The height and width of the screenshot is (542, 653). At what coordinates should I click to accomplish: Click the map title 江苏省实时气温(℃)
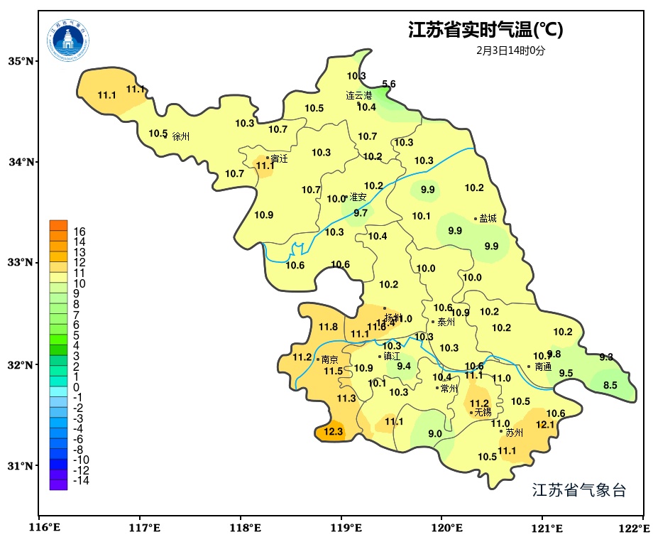[485, 31]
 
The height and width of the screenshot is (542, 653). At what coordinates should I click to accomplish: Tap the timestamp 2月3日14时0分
[511, 50]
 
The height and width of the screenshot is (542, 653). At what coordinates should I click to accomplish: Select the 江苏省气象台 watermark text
[579, 490]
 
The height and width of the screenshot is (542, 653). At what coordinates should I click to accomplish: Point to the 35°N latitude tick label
[21, 61]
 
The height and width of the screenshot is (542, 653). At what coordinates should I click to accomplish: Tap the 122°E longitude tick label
[635, 528]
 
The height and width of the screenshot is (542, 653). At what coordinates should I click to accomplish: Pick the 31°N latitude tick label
[21, 466]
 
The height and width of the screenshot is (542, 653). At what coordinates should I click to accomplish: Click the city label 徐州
[181, 136]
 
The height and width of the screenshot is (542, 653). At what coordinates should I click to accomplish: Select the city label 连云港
[358, 95]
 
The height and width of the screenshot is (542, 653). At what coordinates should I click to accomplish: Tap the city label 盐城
[488, 219]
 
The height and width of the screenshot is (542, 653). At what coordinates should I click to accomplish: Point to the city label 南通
[543, 367]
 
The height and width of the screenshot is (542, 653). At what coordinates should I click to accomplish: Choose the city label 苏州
[514, 432]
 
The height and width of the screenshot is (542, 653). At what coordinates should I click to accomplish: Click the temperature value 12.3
[334, 431]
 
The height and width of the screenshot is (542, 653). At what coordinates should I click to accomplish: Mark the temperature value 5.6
[389, 85]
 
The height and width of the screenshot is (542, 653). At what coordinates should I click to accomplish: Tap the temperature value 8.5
[610, 386]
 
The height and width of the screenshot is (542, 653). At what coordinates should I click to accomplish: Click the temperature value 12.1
[545, 425]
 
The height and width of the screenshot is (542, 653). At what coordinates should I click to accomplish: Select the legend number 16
[79, 232]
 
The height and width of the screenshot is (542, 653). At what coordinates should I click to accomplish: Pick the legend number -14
[81, 480]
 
